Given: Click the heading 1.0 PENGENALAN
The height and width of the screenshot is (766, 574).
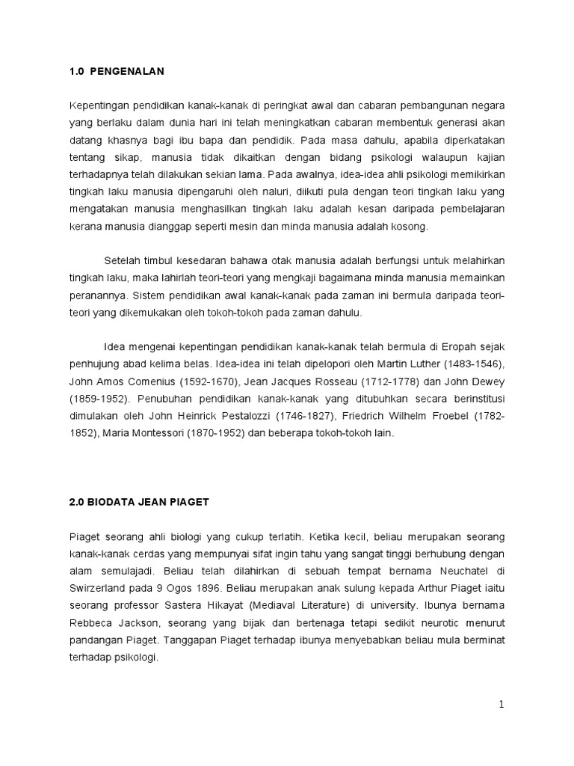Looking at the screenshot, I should (116, 72).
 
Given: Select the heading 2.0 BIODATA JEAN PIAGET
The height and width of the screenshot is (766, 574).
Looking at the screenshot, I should (140, 502).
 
